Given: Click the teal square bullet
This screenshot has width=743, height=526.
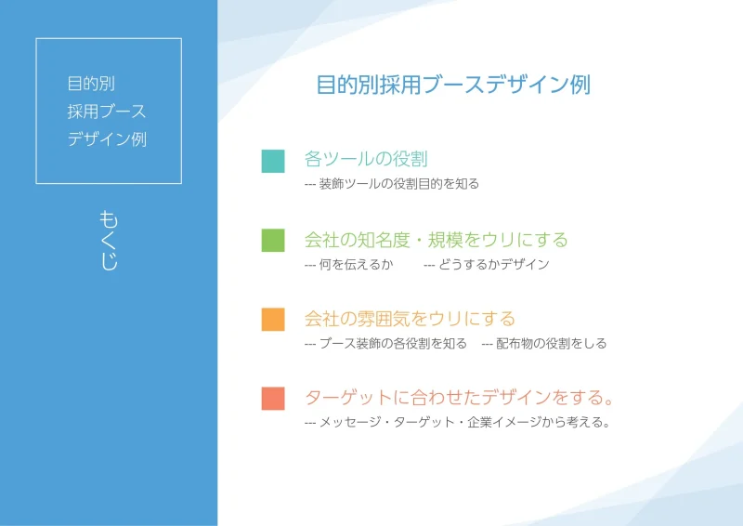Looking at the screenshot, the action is [x=273, y=161].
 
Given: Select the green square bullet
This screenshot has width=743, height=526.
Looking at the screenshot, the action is [x=273, y=240].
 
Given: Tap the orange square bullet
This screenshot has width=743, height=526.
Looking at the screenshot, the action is [x=273, y=319].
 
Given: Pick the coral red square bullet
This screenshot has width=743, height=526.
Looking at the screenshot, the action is [x=273, y=399].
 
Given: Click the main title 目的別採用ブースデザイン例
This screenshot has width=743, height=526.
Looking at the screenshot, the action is [x=453, y=85].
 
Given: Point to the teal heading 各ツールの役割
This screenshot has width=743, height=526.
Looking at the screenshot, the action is [x=366, y=159].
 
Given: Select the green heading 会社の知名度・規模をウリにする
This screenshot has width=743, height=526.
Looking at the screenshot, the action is [x=436, y=240].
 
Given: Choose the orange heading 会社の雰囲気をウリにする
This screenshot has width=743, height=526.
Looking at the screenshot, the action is [x=410, y=319].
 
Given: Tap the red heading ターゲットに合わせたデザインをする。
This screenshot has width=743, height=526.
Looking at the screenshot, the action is [x=459, y=398].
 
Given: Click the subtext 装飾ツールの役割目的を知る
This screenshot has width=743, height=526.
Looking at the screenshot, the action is [x=399, y=184].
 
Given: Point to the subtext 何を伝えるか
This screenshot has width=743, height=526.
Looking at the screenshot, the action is [x=356, y=264].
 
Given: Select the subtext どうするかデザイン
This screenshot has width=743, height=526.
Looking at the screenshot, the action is [x=493, y=264].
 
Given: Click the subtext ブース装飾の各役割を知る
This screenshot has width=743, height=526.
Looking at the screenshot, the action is [x=393, y=344].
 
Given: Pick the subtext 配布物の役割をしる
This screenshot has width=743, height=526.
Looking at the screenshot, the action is [x=551, y=344].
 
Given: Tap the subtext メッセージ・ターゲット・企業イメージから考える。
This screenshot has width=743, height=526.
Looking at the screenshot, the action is [x=464, y=422].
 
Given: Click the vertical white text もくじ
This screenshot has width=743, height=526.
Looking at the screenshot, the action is [x=109, y=241].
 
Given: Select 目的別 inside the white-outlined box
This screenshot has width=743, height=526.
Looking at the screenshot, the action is [x=91, y=84].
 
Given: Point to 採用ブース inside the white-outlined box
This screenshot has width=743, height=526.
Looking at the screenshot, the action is [x=107, y=112].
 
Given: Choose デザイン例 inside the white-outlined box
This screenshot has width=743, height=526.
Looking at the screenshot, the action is [x=107, y=139].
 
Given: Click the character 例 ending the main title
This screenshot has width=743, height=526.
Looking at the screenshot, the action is [x=580, y=85].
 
